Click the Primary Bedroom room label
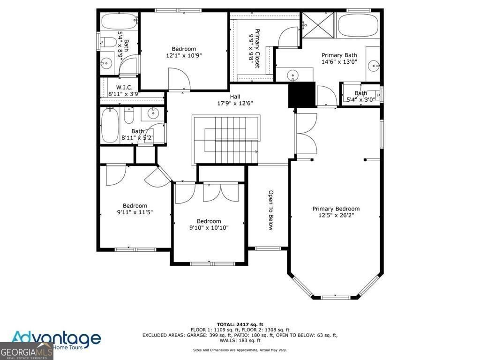click(336, 209)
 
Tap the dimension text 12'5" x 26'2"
click(336, 216)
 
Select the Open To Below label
click(270, 210)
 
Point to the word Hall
click(235, 97)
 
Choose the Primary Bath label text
click(339, 55)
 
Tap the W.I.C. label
click(124, 88)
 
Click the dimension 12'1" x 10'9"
click(184, 55)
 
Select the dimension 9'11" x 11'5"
click(135, 212)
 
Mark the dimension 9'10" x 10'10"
click(209, 228)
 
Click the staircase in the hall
click(226, 140)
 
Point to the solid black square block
click(301, 94)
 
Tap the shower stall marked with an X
click(317, 25)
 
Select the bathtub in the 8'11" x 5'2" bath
click(110, 126)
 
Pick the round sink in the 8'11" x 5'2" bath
click(153, 113)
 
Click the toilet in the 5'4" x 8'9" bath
click(109, 42)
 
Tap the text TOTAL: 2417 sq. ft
click(240, 324)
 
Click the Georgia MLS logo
click(26, 351)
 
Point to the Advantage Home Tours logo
click(56, 339)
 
